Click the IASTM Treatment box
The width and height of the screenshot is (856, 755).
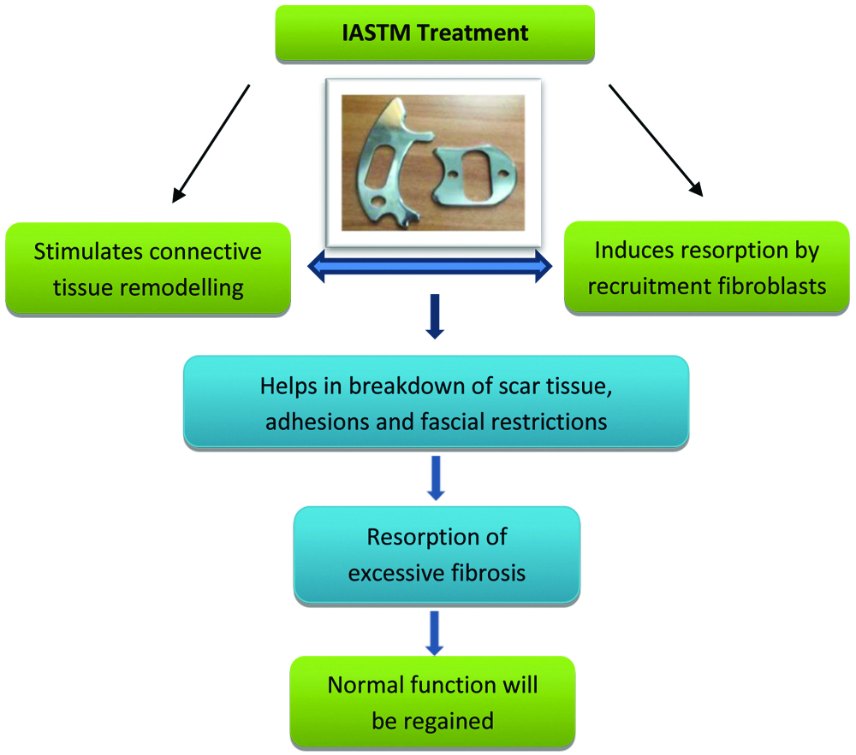435,34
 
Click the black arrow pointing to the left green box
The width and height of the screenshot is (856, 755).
211,143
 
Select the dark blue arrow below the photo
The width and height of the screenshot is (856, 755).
435,316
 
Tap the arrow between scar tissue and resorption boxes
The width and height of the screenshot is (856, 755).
436,477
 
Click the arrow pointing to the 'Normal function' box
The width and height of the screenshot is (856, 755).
436,631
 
